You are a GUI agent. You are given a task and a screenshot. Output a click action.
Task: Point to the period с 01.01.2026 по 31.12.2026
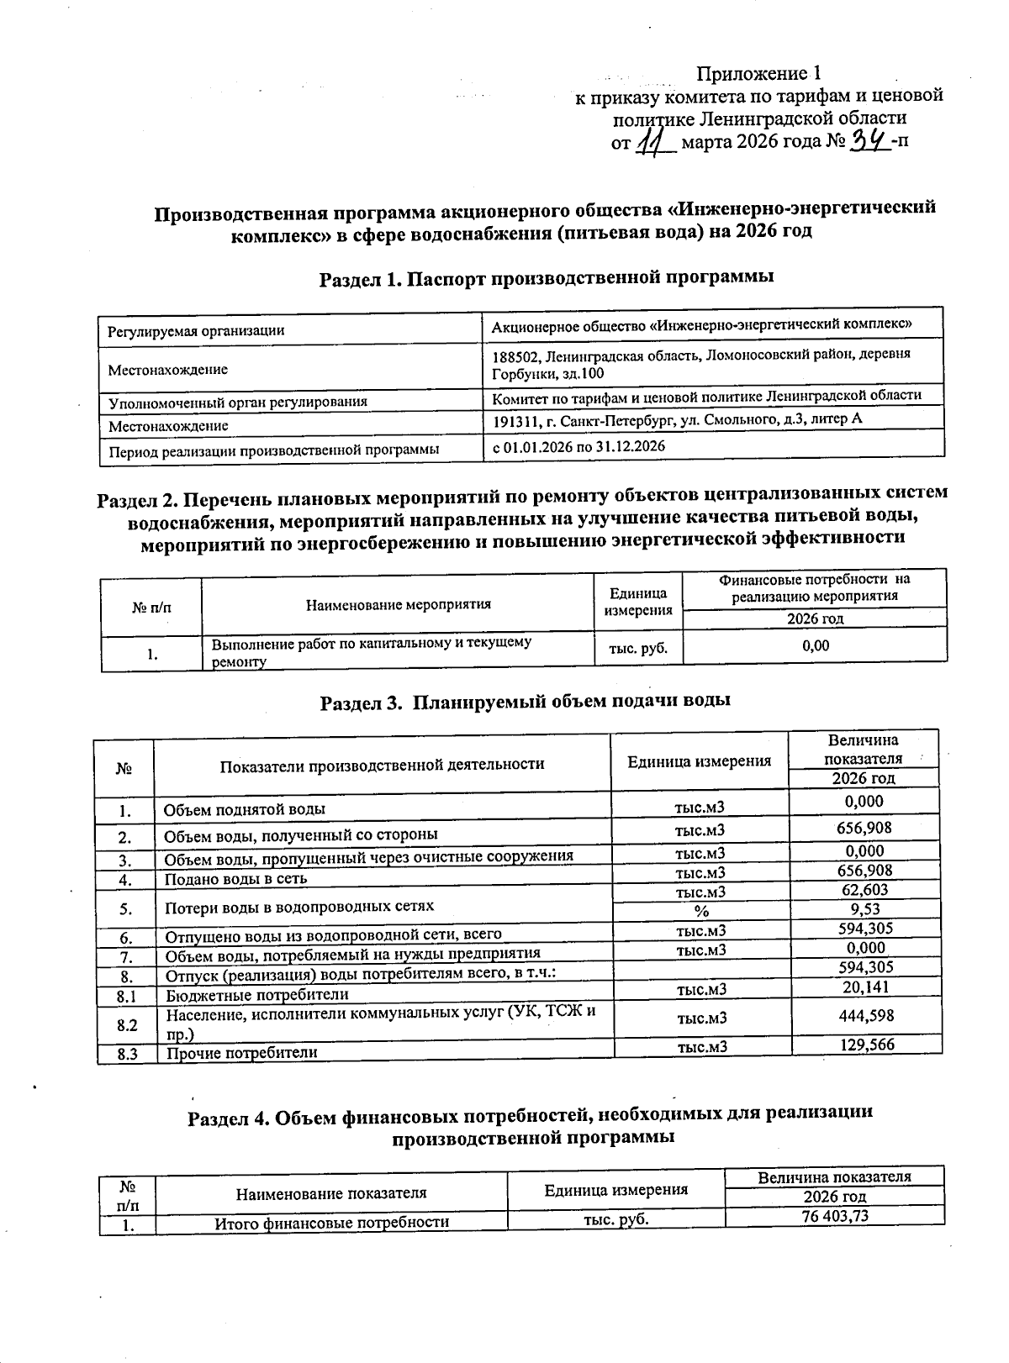pyautogui.click(x=578, y=446)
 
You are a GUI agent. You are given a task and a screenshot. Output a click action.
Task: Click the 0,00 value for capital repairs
pyautogui.click(x=814, y=645)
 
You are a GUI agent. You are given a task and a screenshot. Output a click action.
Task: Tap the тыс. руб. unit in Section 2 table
pyautogui.click(x=638, y=648)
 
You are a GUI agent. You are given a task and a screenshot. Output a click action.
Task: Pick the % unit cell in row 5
pyautogui.click(x=700, y=911)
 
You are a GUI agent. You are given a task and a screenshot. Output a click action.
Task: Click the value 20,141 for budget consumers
pyautogui.click(x=865, y=987)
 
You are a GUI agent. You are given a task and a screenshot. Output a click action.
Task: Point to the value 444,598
pyautogui.click(x=866, y=1016)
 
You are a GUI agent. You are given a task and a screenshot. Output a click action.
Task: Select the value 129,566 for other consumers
pyautogui.click(x=866, y=1045)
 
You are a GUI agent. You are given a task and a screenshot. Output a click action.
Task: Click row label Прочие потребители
pyautogui.click(x=241, y=1052)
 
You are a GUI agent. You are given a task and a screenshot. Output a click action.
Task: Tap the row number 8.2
pyautogui.click(x=127, y=1025)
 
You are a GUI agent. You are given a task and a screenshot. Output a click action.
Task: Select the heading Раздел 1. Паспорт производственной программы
pyautogui.click(x=547, y=277)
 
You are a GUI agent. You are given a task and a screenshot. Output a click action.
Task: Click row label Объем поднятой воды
pyautogui.click(x=244, y=810)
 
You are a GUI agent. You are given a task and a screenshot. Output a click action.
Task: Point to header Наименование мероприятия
pyautogui.click(x=398, y=604)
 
